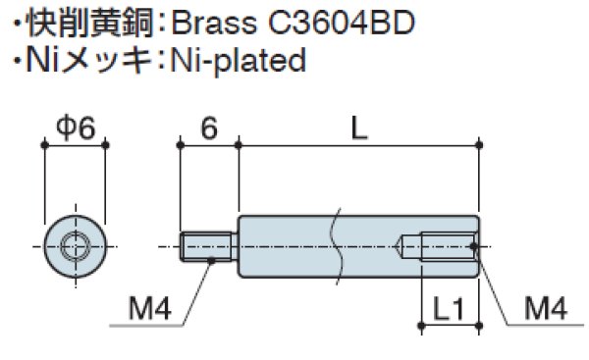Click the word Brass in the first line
(214, 23)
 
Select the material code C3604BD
(342, 23)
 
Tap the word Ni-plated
(239, 60)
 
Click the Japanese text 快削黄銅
(90, 23)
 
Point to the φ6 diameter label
(76, 128)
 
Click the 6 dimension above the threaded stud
(209, 128)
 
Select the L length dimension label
(359, 128)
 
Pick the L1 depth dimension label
(450, 309)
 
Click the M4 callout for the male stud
(150, 309)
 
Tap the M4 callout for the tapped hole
(546, 309)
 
